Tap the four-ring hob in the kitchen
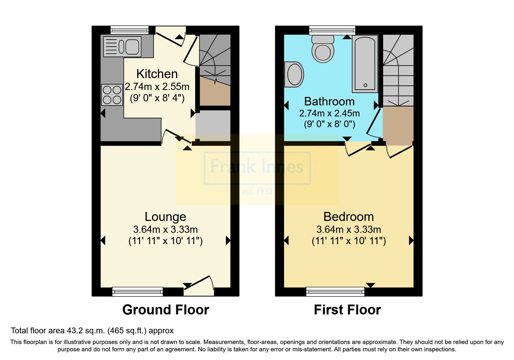coord(112,95)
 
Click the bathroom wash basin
coord(294,74)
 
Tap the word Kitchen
coord(157,74)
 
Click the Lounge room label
coord(165,217)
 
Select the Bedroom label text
coord(349,217)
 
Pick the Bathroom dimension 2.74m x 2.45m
coord(329,113)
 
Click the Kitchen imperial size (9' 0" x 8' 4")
coord(157,98)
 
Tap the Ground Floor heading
coord(165,310)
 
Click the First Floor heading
coord(347,310)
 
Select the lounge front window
coord(138,291)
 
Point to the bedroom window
coord(335,291)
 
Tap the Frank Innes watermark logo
coord(257,168)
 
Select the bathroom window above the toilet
coord(332,30)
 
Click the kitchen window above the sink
coord(129,30)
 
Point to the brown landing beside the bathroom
coord(398,125)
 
